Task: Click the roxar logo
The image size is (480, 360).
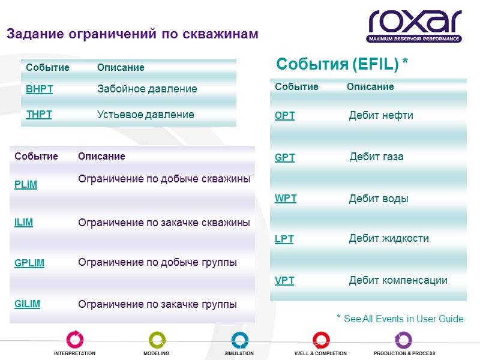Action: pyautogui.click(x=415, y=26)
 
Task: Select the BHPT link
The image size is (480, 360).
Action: pyautogui.click(x=40, y=89)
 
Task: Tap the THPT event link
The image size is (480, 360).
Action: pyautogui.click(x=39, y=115)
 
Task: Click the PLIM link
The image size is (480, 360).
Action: pyautogui.click(x=26, y=184)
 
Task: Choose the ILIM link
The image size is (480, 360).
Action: pyautogui.click(x=24, y=222)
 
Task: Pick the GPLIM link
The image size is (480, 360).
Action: pyautogui.click(x=29, y=263)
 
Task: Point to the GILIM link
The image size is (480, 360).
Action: pyautogui.click(x=28, y=304)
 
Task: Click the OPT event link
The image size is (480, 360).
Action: pyautogui.click(x=285, y=116)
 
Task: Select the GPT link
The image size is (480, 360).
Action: pyautogui.click(x=285, y=157)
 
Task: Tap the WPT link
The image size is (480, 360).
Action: pyautogui.click(x=286, y=198)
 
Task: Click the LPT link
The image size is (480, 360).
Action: pyautogui.click(x=284, y=239)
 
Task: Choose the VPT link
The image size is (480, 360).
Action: pyautogui.click(x=284, y=280)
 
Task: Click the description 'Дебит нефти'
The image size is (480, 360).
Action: pyautogui.click(x=381, y=115)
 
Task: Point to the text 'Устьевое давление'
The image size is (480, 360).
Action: pyautogui.click(x=146, y=115)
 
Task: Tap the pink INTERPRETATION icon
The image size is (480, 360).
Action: pyautogui.click(x=75, y=340)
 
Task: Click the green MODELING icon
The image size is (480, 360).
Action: pyautogui.click(x=157, y=340)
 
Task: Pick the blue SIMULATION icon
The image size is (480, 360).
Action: pyautogui.click(x=239, y=340)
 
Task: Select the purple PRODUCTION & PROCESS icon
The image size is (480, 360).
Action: pyautogui.click(x=404, y=340)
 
